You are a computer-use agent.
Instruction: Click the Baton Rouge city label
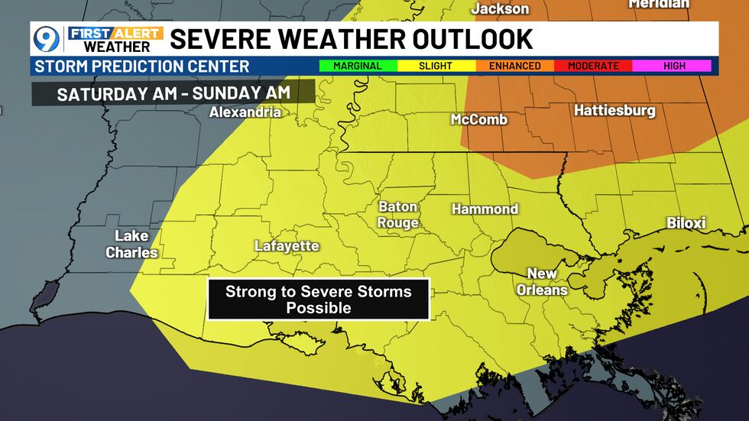point(398,215)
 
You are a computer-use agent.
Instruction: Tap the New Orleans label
point(542,281)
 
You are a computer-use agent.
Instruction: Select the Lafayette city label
point(287,246)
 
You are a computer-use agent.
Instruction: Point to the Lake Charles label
point(131,244)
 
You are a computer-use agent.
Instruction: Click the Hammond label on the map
point(485,209)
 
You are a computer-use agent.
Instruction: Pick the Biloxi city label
point(686,223)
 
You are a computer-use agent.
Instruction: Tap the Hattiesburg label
point(614,111)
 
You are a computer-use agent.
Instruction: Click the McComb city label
point(479,119)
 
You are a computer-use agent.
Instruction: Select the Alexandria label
point(245,112)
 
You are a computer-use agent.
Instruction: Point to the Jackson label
point(500,8)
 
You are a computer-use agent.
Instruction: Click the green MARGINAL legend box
point(358,66)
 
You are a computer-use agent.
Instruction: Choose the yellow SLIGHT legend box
point(436,66)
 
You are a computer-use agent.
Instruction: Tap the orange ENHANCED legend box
point(514,66)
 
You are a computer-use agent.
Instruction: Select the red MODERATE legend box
point(593,66)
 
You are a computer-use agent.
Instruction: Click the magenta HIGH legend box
point(673,66)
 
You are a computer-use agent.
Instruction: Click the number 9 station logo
point(48,40)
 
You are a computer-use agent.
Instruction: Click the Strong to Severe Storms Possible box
point(318,300)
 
